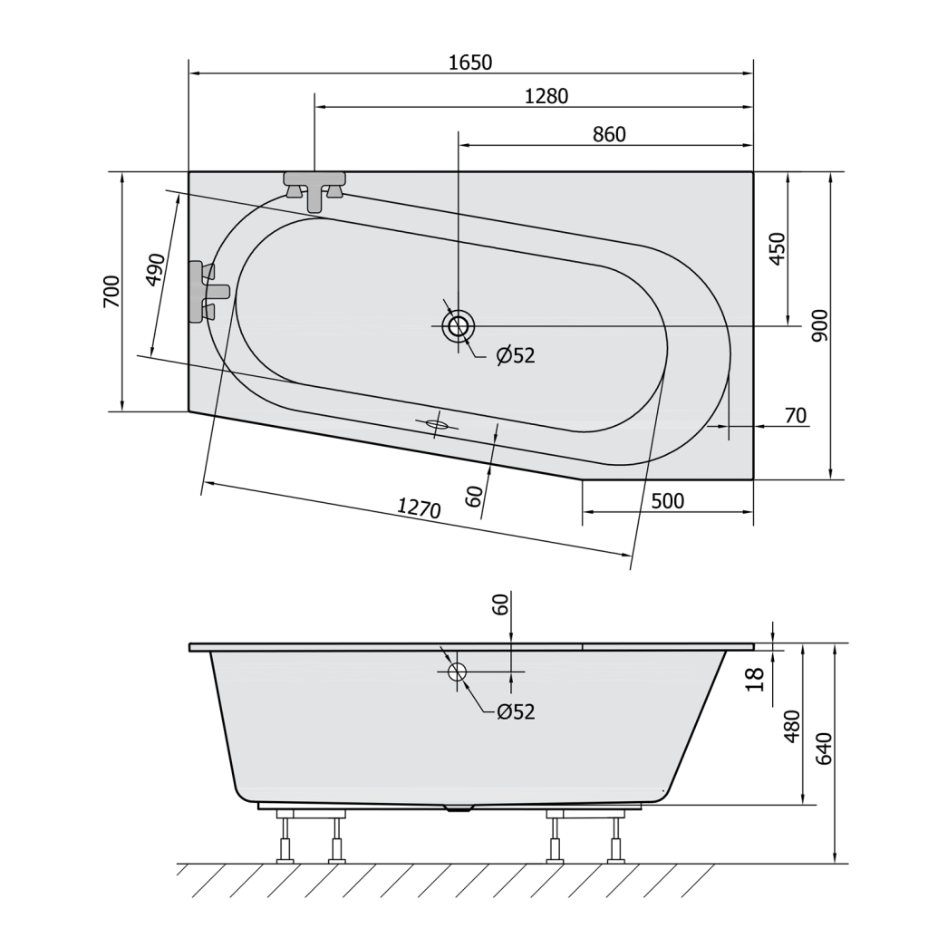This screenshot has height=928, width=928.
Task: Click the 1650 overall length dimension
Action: click(470, 63)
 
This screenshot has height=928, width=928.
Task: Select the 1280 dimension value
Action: click(546, 96)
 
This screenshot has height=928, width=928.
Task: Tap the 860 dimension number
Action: click(609, 135)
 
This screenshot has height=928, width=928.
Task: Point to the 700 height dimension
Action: click(111, 291)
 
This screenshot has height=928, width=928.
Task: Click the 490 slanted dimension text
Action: click(155, 270)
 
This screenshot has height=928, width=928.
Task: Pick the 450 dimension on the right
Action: click(777, 249)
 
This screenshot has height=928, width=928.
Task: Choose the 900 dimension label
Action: click(819, 325)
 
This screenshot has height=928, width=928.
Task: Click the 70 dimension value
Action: click(796, 415)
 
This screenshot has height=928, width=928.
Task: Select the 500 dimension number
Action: click(668, 501)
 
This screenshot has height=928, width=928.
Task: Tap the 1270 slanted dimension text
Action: click(419, 507)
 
